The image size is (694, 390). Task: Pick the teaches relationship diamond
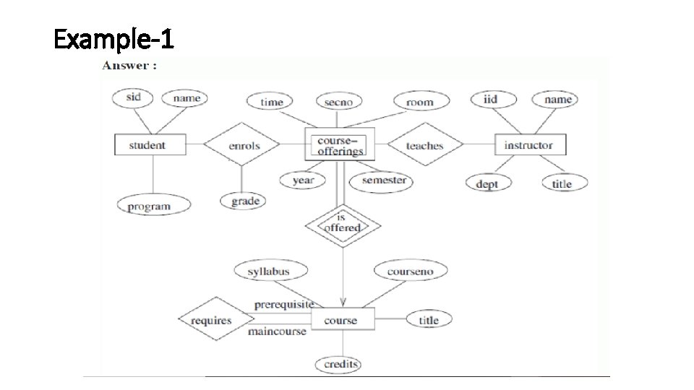(424, 146)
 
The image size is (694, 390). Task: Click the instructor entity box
(528, 145)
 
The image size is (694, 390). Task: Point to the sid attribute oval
(133, 97)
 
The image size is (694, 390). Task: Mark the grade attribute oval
(244, 201)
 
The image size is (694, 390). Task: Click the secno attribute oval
(338, 102)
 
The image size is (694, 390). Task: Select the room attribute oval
(419, 102)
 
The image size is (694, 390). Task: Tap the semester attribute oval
(382, 180)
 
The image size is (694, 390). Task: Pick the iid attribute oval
(490, 99)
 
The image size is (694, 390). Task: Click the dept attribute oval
(487, 183)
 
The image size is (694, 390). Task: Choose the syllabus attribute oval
(269, 272)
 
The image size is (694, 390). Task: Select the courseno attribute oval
(410, 272)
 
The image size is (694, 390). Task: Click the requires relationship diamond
(211, 320)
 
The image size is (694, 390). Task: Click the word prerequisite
(283, 305)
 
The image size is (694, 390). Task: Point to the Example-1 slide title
(114, 39)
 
